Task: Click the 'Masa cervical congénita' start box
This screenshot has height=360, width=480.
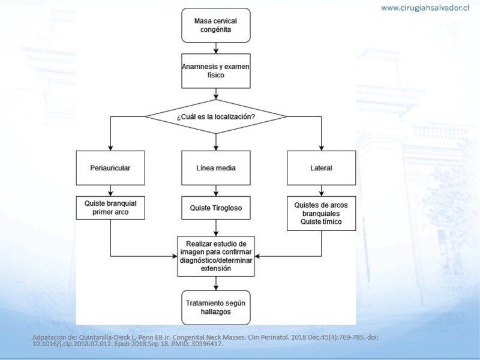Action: tap(216, 25)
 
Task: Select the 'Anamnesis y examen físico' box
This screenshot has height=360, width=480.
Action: tap(216, 71)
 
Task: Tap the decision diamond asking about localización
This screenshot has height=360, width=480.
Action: tap(216, 116)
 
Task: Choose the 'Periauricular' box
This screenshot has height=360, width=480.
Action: tap(110, 168)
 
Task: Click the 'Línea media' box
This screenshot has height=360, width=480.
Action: tap(216, 168)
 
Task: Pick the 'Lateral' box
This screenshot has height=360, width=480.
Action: tap(322, 168)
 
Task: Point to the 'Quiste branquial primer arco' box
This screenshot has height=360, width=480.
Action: tap(110, 208)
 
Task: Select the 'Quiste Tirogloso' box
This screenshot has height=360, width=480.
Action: tap(216, 208)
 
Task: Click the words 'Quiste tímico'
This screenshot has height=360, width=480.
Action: tap(321, 221)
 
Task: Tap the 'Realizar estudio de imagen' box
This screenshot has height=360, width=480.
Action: tap(216, 256)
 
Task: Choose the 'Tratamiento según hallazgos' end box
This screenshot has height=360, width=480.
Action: tap(216, 308)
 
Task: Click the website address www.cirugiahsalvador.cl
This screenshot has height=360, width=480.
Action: tap(425, 8)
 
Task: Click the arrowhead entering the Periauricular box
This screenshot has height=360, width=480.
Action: tap(110, 148)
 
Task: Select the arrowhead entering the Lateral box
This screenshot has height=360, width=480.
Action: tap(322, 148)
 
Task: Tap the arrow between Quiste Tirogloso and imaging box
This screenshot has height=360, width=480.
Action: tap(216, 228)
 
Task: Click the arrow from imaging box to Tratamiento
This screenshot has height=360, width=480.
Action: tap(216, 283)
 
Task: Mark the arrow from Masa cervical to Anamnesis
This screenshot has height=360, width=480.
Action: tap(216, 49)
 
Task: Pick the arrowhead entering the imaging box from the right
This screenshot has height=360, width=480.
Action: tap(257, 256)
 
